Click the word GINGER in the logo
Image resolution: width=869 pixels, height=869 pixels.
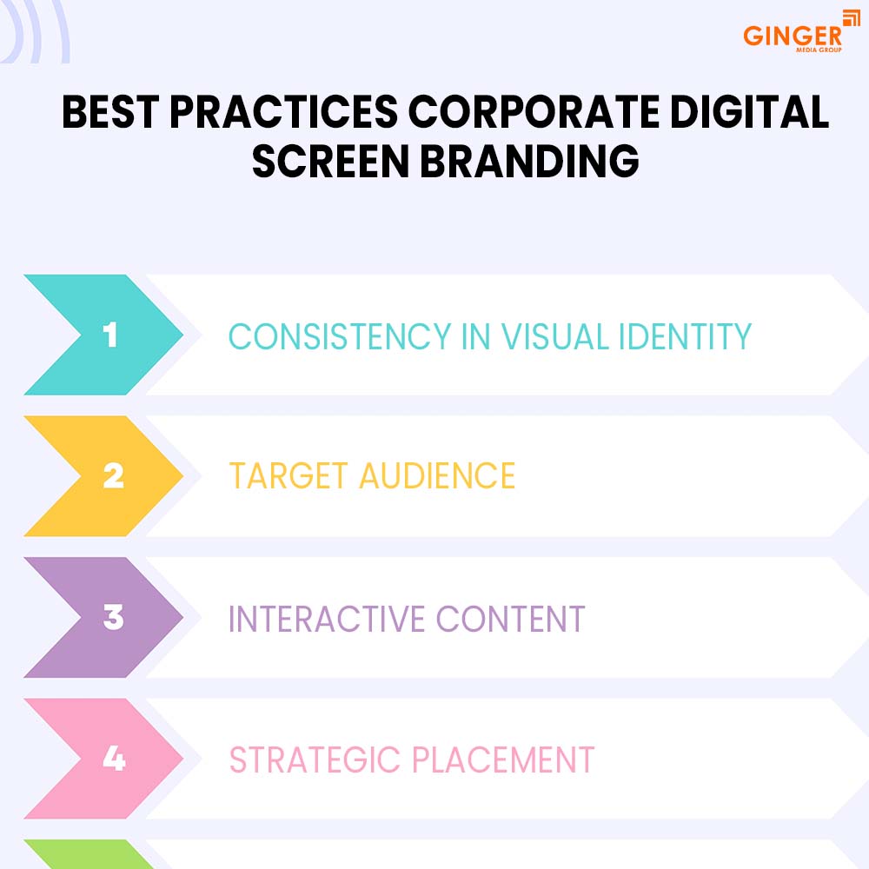point(792,36)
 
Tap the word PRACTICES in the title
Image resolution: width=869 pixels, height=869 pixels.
point(284,111)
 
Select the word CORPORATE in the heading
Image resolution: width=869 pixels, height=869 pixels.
point(534,111)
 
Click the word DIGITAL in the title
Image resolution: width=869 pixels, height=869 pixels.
point(749,111)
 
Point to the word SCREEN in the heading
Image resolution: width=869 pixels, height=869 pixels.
point(330,161)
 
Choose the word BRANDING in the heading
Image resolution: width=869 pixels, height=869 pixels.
point(529,161)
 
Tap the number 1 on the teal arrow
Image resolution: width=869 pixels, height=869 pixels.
point(110,335)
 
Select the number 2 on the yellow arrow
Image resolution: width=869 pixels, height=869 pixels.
point(114,475)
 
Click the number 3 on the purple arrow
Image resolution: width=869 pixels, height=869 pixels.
point(114,617)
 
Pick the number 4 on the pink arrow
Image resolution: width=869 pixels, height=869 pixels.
point(114,758)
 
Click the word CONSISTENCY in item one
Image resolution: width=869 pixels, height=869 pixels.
point(340,336)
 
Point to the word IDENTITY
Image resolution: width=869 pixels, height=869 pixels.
point(685,336)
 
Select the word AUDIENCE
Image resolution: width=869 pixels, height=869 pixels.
point(437,476)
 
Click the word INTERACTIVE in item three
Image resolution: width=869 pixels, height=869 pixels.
point(327,619)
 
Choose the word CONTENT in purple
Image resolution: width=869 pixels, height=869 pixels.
point(510,619)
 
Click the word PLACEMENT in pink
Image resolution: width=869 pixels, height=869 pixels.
point(503,760)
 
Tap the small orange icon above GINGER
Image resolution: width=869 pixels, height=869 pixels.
point(852,17)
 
